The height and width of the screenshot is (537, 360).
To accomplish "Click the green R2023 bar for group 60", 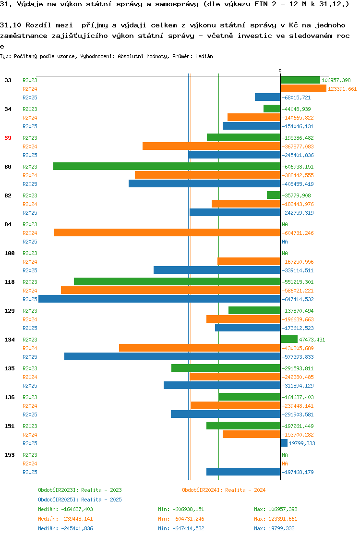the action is tap(167, 167).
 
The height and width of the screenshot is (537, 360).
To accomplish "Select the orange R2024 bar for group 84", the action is tap(168, 233).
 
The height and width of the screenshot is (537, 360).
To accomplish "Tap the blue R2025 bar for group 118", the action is tap(159, 299).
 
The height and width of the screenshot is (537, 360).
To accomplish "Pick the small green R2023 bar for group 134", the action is tap(289, 340).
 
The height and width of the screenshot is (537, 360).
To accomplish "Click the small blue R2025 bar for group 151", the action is tap(284, 443).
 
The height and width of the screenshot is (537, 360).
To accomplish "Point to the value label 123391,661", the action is tap(342, 89).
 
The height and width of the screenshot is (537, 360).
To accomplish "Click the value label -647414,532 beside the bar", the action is tap(298, 299).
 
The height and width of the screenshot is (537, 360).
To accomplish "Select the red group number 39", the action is tap(8, 138).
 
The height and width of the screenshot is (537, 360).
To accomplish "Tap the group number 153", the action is tap(10, 455).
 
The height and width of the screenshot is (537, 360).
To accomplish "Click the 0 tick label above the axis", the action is tap(280, 71).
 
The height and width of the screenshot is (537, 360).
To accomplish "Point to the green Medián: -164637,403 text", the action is tap(65, 509).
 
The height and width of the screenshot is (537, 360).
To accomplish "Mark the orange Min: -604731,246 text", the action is tap(181, 519).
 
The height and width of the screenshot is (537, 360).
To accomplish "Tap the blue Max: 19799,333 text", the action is tap(274, 528).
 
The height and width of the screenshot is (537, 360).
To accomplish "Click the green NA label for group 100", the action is tap(285, 253).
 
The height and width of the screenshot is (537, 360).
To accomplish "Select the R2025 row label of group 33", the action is tap(30, 98).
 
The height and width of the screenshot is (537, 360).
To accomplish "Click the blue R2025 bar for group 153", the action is tap(243, 472).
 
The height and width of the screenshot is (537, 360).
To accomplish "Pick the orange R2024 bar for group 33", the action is tap(303, 89).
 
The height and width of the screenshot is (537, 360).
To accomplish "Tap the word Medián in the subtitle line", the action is tap(204, 56).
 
